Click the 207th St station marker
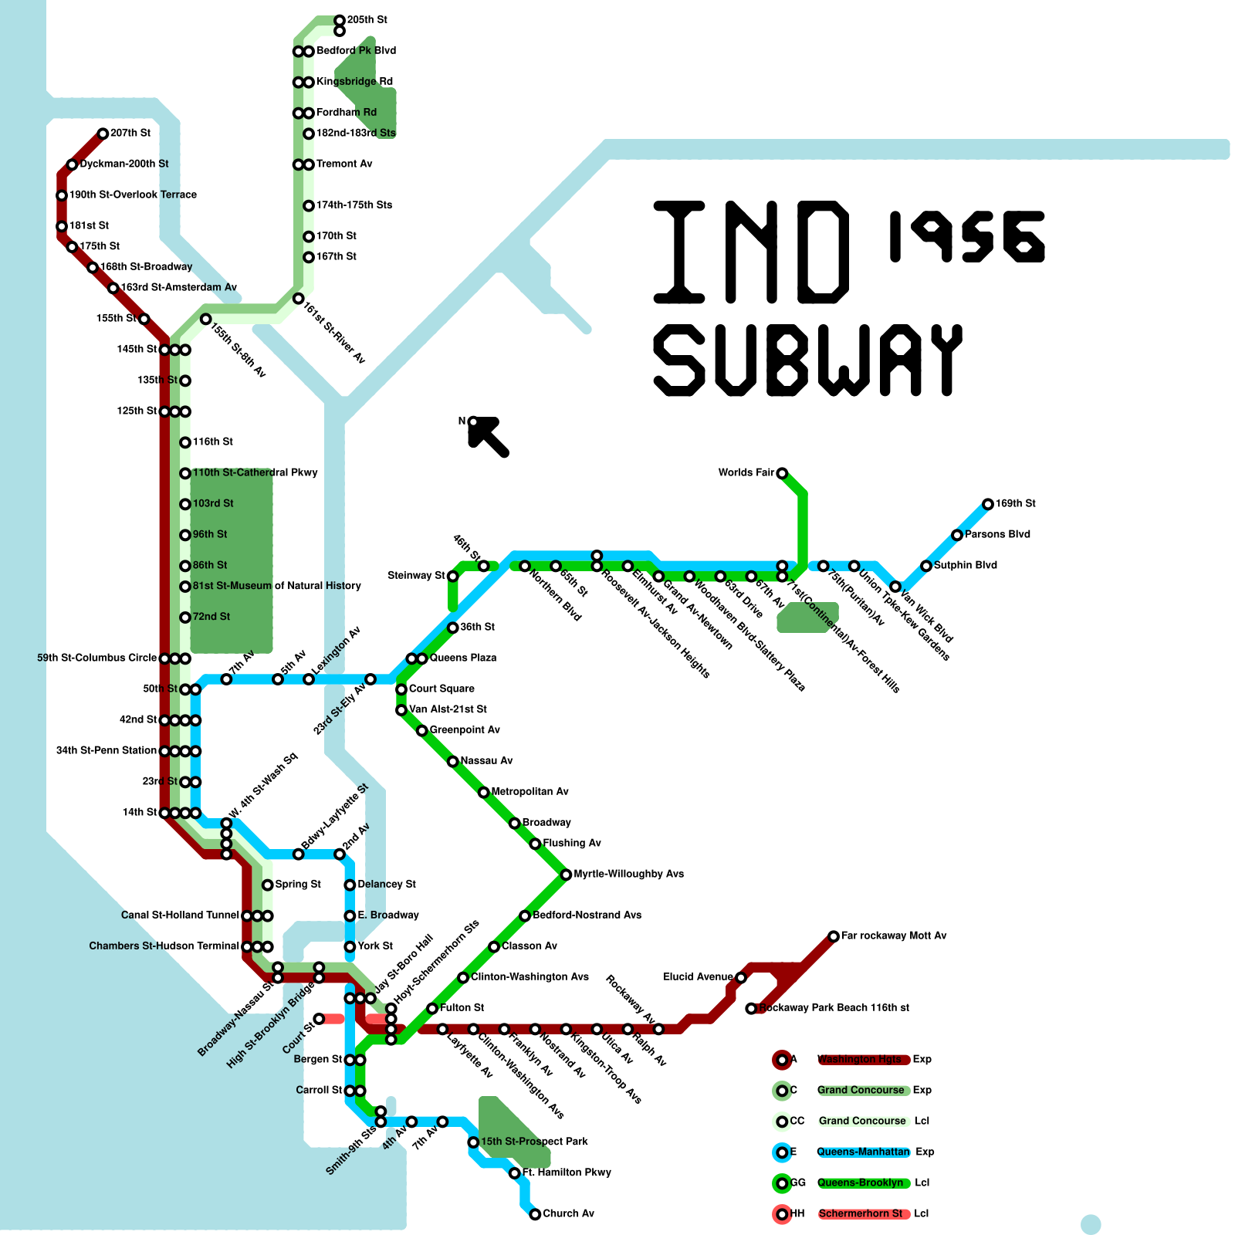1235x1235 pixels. pos(103,134)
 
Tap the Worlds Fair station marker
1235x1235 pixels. pos(782,473)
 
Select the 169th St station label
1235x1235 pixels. pos(1015,504)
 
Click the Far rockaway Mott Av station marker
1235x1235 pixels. pos(834,936)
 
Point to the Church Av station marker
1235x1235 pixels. pos(535,1214)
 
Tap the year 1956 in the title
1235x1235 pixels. pos(966,236)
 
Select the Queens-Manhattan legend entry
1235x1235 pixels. pos(863,1152)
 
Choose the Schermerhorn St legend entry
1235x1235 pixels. pos(861,1214)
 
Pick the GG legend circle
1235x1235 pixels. pos(782,1183)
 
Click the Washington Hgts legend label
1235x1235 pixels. pos(859,1060)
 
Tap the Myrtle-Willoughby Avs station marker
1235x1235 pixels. pos(566,875)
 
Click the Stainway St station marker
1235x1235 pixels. pos(452,576)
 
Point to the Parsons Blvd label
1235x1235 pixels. pos(997,535)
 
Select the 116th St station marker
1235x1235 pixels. pos(185,442)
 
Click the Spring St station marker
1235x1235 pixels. pos(267,885)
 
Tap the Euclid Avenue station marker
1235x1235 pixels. pos(741,977)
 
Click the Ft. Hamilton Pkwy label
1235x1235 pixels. pos(567,1172)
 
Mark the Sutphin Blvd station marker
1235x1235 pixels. pos(926,566)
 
